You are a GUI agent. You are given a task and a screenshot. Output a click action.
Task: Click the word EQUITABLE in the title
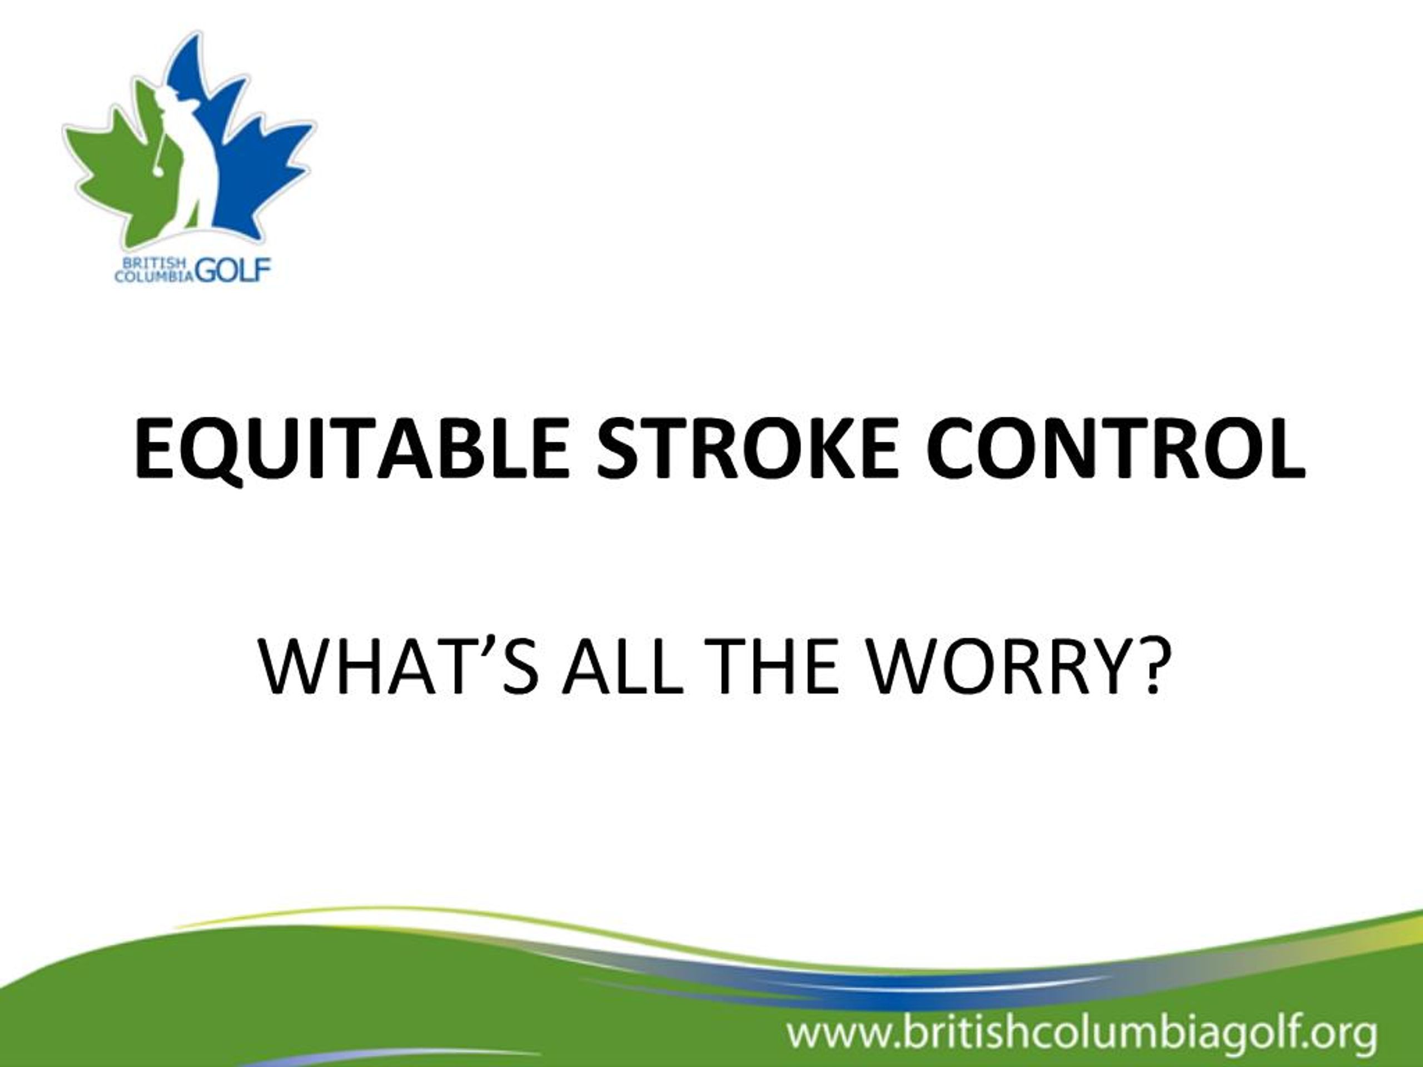[351, 449]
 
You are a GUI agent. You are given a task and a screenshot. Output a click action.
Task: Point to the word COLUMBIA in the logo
[155, 276]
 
